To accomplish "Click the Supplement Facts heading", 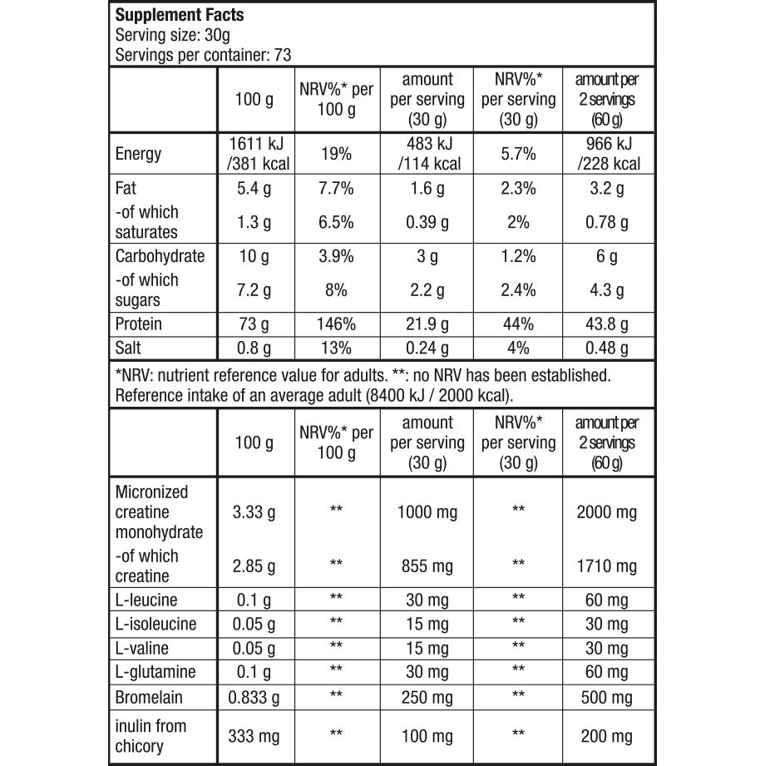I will pyautogui.click(x=174, y=17).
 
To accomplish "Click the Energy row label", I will pyautogui.click(x=139, y=154).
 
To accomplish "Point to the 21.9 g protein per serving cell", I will pyautogui.click(x=427, y=324).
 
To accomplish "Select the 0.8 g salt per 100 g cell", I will pyautogui.click(x=254, y=348).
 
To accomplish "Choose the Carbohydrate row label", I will pyautogui.click(x=160, y=256).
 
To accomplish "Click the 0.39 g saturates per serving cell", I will pyautogui.click(x=427, y=222).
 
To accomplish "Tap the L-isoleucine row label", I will pyautogui.click(x=156, y=624).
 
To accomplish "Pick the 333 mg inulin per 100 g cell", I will pyautogui.click(x=254, y=736).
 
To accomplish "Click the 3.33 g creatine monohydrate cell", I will pyautogui.click(x=254, y=512).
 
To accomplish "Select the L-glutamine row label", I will pyautogui.click(x=156, y=671).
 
